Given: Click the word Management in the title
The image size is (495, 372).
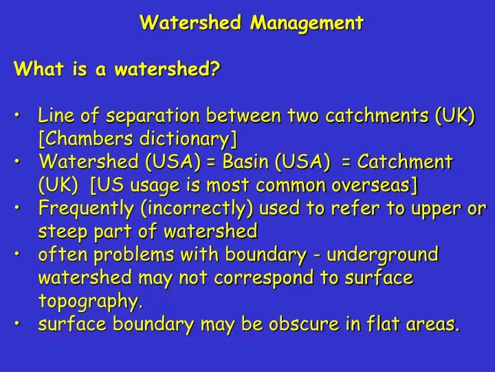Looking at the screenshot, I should (307, 23).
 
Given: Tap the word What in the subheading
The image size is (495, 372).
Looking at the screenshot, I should (38, 69).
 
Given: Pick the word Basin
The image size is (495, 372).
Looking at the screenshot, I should (248, 163).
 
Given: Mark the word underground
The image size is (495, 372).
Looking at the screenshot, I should (382, 255).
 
